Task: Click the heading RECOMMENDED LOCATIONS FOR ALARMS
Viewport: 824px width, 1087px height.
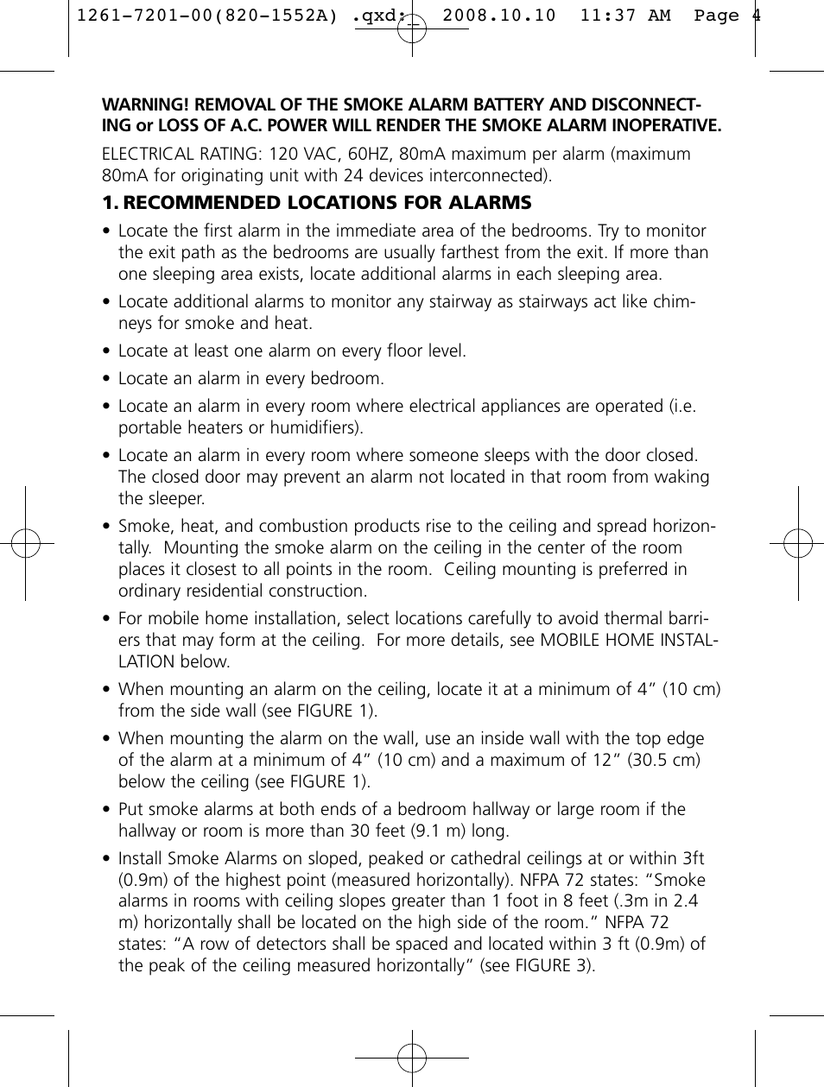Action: pos(327,203)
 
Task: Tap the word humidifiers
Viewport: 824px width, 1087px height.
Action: pos(316,427)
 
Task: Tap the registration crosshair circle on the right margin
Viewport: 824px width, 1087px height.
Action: pos(798,543)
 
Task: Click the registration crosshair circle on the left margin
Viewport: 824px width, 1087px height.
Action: pos(26,543)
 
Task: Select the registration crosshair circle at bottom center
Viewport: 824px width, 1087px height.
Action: pos(412,1057)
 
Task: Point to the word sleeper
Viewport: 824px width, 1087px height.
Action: pos(173,498)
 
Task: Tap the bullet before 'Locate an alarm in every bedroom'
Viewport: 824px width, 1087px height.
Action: pos(106,379)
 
